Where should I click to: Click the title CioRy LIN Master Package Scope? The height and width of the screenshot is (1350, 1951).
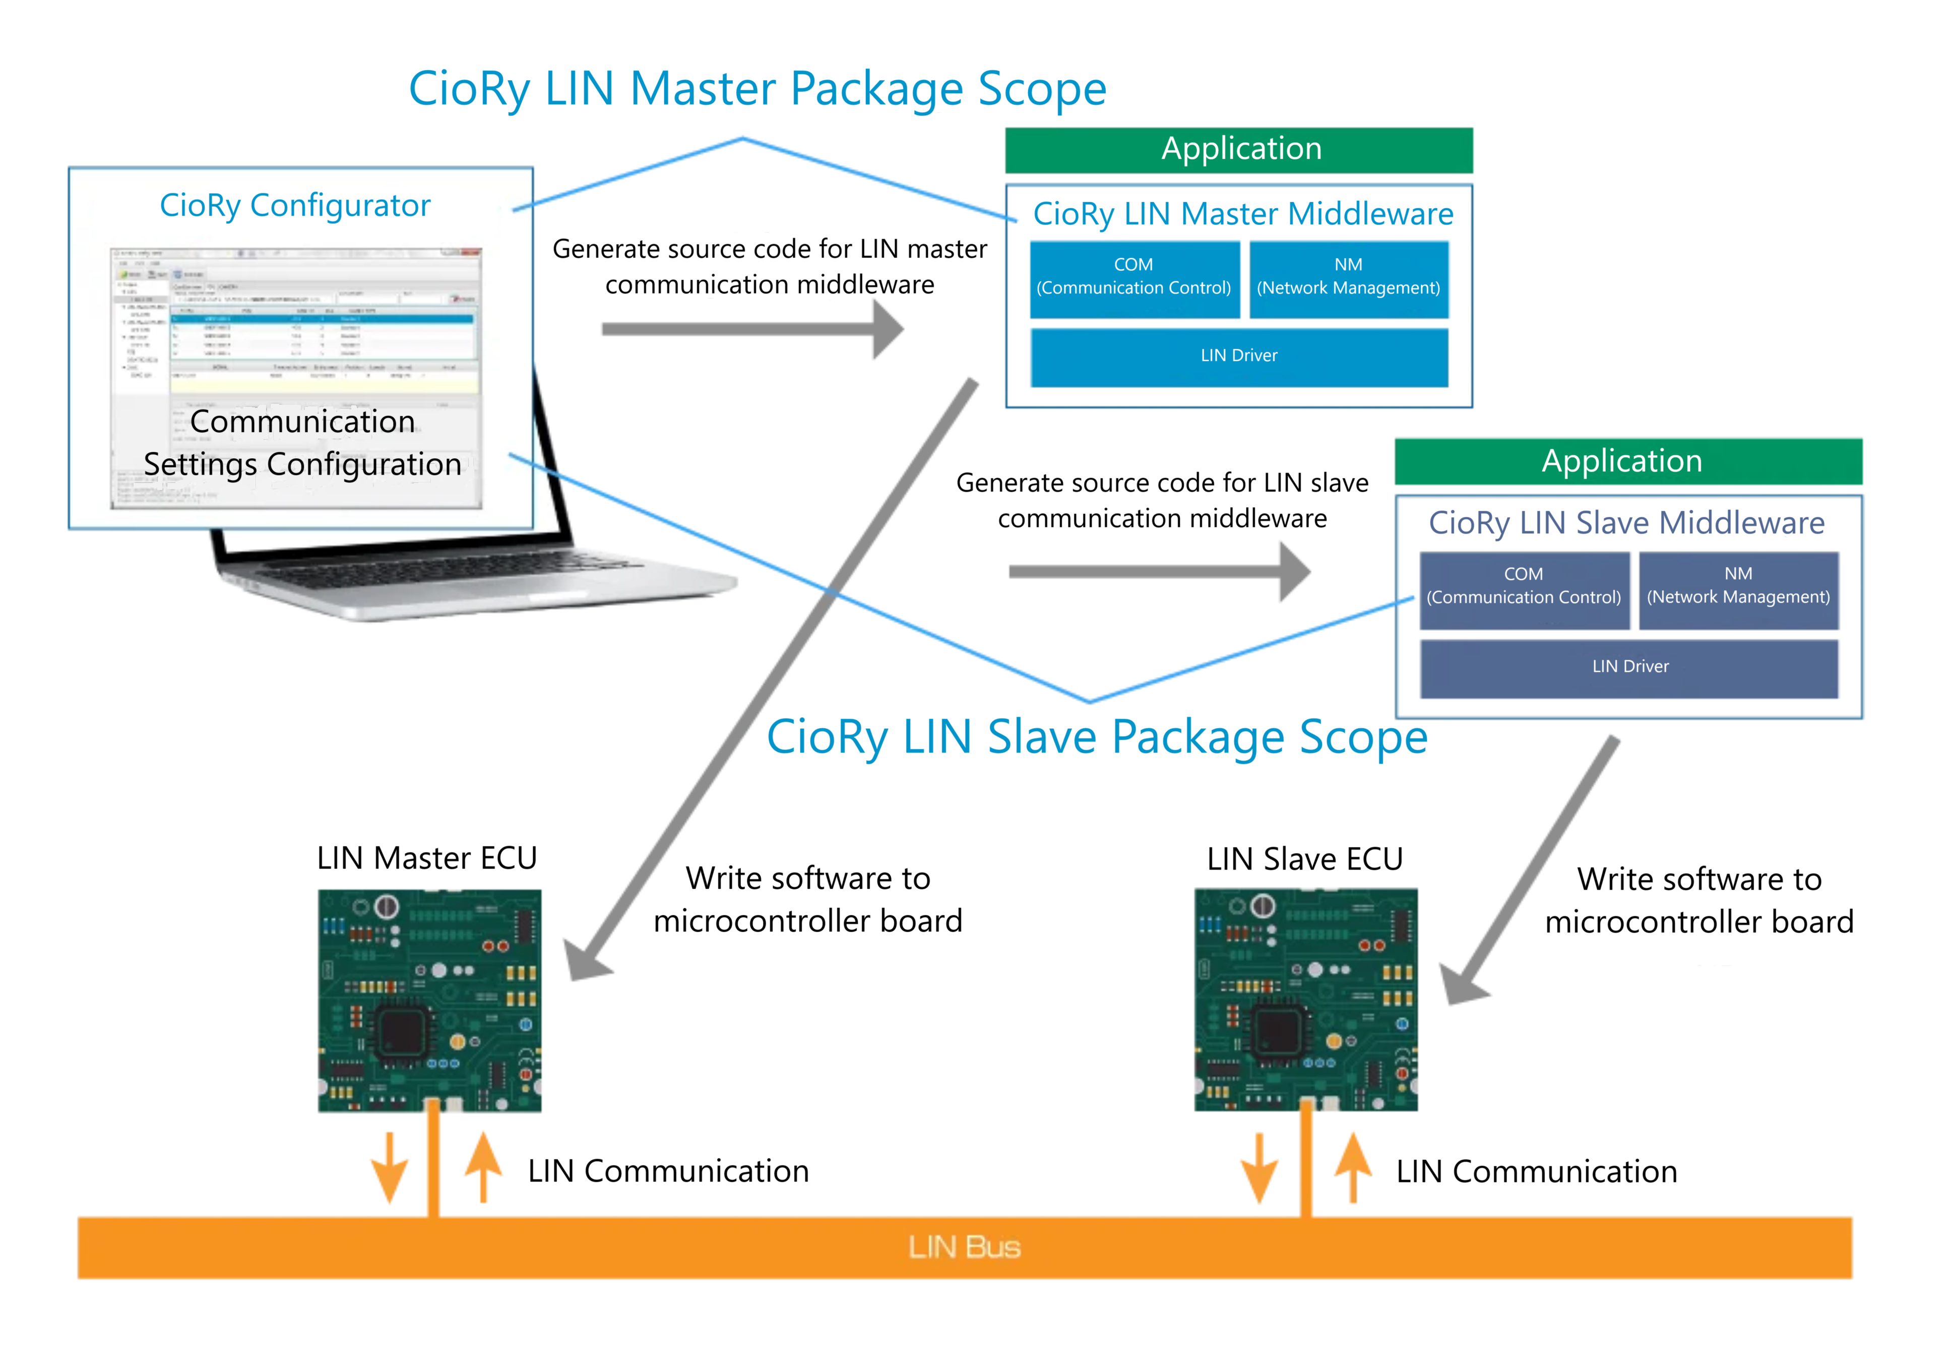coord(757,89)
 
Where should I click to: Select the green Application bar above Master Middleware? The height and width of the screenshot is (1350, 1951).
coord(1239,150)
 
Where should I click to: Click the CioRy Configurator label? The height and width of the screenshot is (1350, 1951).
coord(295,206)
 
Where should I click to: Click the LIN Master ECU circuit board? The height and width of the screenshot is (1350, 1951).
coord(429,1000)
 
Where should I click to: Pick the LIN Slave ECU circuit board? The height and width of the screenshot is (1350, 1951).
coord(1305,1000)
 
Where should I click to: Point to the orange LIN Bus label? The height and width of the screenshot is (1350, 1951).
coord(964,1247)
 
